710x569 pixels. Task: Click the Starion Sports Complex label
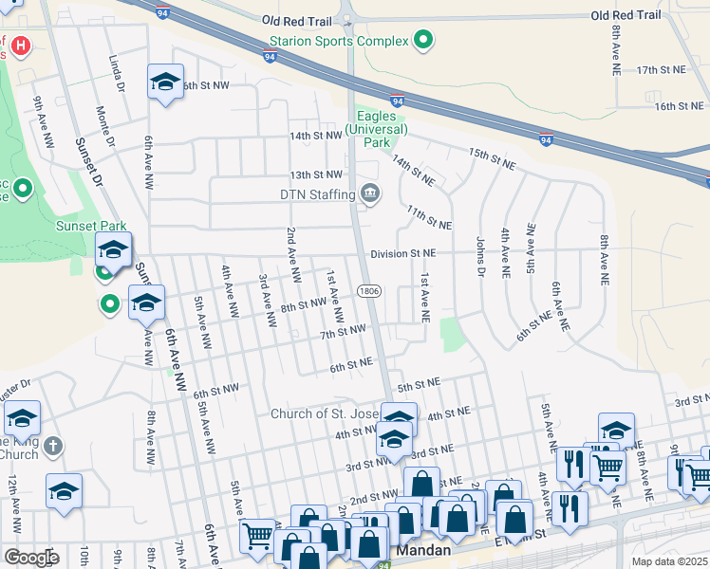pyautogui.click(x=339, y=41)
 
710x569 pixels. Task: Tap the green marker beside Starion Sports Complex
pyautogui.click(x=424, y=41)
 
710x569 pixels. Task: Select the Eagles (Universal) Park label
pyautogui.click(x=377, y=129)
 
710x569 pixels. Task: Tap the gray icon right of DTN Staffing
pyautogui.click(x=370, y=194)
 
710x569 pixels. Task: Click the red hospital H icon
pyautogui.click(x=19, y=44)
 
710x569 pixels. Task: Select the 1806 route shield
pyautogui.click(x=369, y=290)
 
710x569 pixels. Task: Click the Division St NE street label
pyautogui.click(x=403, y=253)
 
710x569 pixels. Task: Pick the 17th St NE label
pyautogui.click(x=661, y=70)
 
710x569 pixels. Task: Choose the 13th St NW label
pyautogui.click(x=315, y=175)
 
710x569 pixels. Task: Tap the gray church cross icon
pyautogui.click(x=54, y=446)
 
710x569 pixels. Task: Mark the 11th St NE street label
pyautogui.click(x=428, y=217)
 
